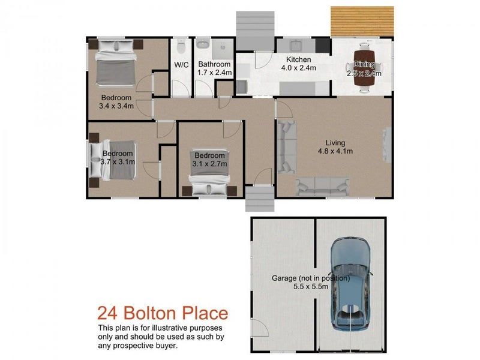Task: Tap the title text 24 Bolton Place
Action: [163, 313]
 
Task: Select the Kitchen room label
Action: [298, 59]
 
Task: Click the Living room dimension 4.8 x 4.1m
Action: [335, 151]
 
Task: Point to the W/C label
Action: [182, 65]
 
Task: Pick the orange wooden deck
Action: [362, 20]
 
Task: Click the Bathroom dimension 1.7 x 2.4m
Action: [214, 73]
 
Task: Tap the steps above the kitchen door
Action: [255, 31]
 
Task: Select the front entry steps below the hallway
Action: [260, 198]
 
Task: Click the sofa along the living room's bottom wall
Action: [325, 187]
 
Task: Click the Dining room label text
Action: [364, 65]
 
